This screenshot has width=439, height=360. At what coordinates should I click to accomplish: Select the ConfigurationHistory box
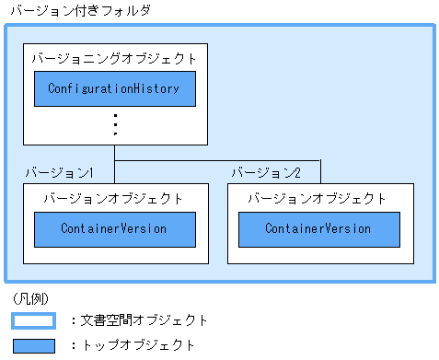(115, 88)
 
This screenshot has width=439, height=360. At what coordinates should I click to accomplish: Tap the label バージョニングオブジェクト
(113, 58)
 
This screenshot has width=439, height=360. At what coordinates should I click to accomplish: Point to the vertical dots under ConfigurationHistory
(115, 122)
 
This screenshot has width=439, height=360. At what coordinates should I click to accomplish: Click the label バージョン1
(60, 172)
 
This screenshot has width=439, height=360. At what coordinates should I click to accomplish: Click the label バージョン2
(265, 172)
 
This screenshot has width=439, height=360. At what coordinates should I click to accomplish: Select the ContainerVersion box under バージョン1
(115, 228)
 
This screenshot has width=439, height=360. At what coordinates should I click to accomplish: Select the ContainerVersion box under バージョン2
(319, 228)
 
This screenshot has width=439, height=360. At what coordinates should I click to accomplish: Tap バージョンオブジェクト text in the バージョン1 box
(113, 198)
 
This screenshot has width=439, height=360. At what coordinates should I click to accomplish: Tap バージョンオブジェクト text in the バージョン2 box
(318, 198)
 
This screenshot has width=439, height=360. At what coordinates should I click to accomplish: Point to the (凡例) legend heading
(32, 299)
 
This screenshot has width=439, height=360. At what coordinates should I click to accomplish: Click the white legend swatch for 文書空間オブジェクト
(34, 320)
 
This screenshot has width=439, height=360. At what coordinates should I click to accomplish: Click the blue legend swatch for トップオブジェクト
(34, 345)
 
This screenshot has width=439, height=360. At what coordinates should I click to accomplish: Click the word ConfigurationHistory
(115, 88)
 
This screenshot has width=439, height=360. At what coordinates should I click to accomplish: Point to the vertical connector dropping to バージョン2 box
(320, 172)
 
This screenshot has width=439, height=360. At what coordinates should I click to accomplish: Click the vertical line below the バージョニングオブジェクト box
(115, 153)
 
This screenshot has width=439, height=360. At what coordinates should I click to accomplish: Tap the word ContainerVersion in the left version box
(115, 228)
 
